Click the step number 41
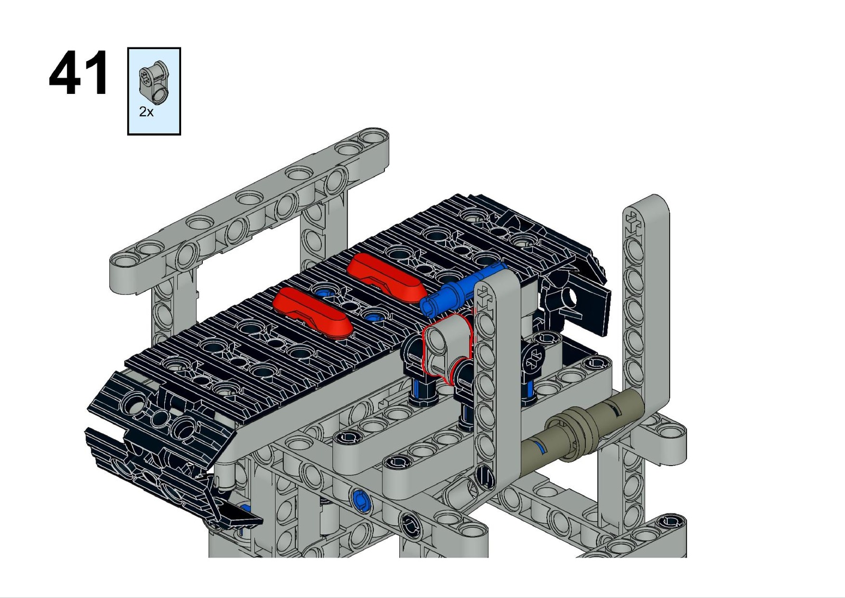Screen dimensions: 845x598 [79, 72]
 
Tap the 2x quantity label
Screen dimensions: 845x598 [146, 111]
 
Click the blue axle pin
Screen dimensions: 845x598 [462, 290]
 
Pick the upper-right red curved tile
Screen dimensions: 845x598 [386, 278]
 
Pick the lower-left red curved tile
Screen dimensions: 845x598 [313, 313]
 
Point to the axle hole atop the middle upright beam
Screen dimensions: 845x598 [484, 297]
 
